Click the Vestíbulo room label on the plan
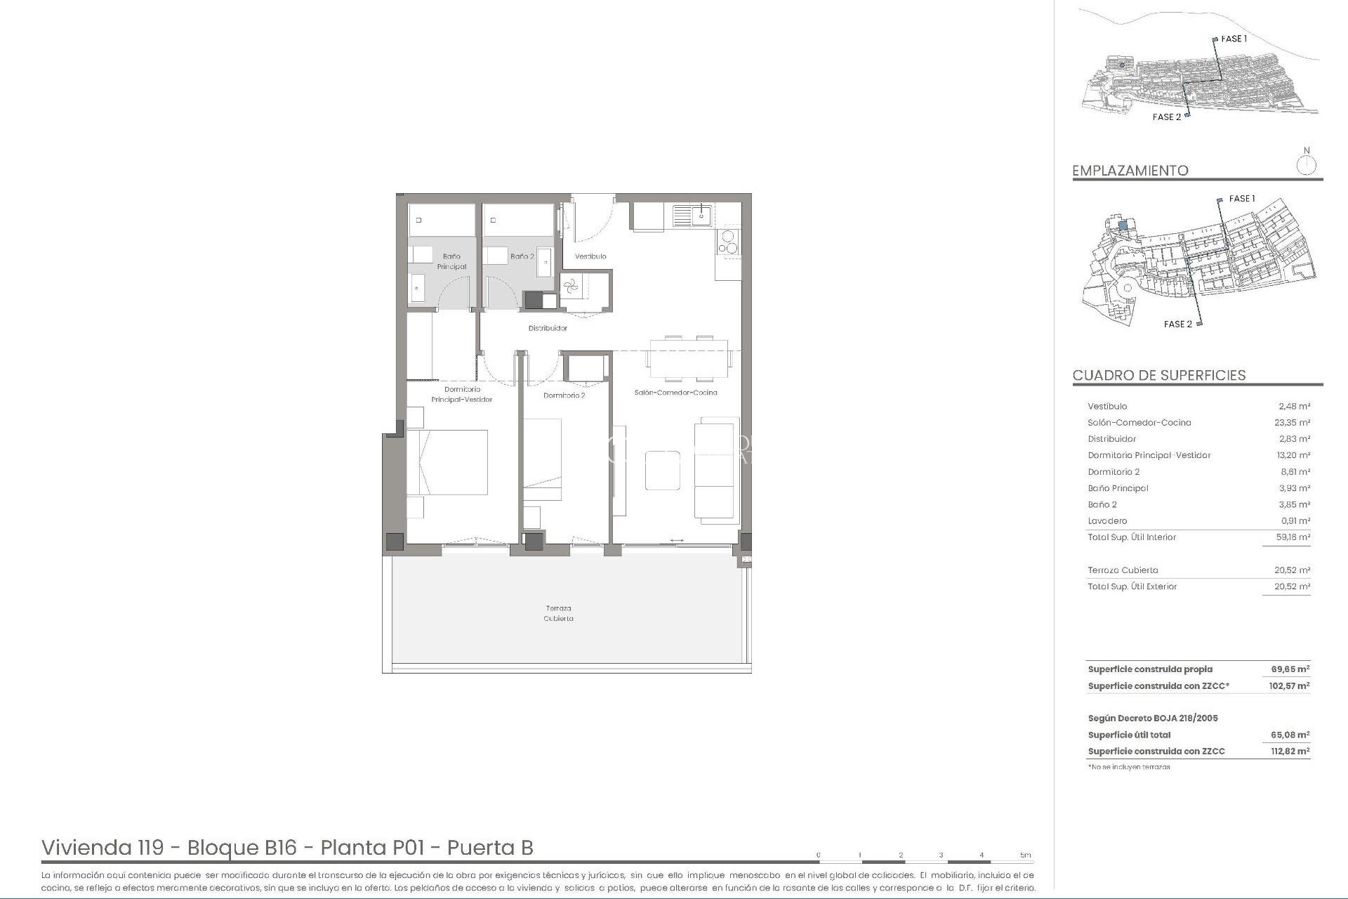(590, 256)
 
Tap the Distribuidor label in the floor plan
(548, 328)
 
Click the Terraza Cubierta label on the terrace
(559, 613)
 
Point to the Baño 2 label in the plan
(522, 256)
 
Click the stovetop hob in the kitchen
(728, 242)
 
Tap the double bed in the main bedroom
(447, 462)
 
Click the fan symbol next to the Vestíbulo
(570, 286)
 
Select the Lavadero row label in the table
(1107, 521)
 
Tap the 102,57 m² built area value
(1289, 686)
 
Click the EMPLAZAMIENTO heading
(1130, 171)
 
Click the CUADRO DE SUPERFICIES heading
(1159, 375)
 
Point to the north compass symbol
(1307, 165)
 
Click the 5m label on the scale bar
(1026, 855)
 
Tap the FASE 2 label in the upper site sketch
(1166, 117)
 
